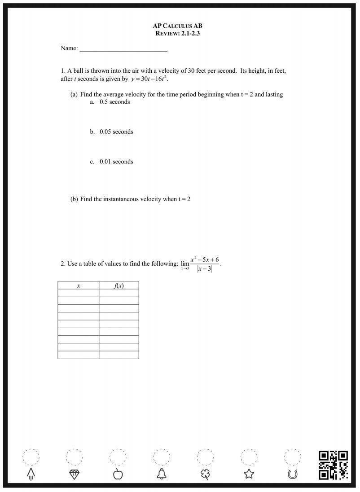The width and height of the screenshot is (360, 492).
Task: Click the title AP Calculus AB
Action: pos(180,26)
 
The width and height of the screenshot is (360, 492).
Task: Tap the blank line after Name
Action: pos(123,48)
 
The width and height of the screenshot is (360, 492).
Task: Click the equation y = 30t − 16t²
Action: pos(149,79)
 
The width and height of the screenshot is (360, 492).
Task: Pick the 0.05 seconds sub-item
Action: pos(116,132)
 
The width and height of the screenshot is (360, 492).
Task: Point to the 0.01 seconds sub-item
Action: pos(116,162)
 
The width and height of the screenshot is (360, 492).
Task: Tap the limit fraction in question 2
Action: pos(204,264)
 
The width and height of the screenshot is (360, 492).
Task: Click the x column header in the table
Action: pos(79,286)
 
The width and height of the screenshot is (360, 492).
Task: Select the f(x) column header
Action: pos(119,286)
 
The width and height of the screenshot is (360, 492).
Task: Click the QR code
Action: pos(334,465)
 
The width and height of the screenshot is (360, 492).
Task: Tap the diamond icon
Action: pos(74,474)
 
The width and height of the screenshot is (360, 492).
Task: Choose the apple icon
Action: pos(118,474)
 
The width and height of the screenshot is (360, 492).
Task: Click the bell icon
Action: pos(162,474)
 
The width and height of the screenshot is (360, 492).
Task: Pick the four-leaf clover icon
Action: pos(205,474)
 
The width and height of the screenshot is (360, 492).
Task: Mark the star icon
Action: pos(249,474)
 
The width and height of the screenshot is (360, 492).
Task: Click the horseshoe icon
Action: pos(293,474)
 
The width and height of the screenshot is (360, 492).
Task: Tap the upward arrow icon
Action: pos(31,474)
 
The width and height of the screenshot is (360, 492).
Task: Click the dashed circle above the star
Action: pos(249,457)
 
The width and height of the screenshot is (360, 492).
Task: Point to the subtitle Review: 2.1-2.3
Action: pos(180,33)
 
